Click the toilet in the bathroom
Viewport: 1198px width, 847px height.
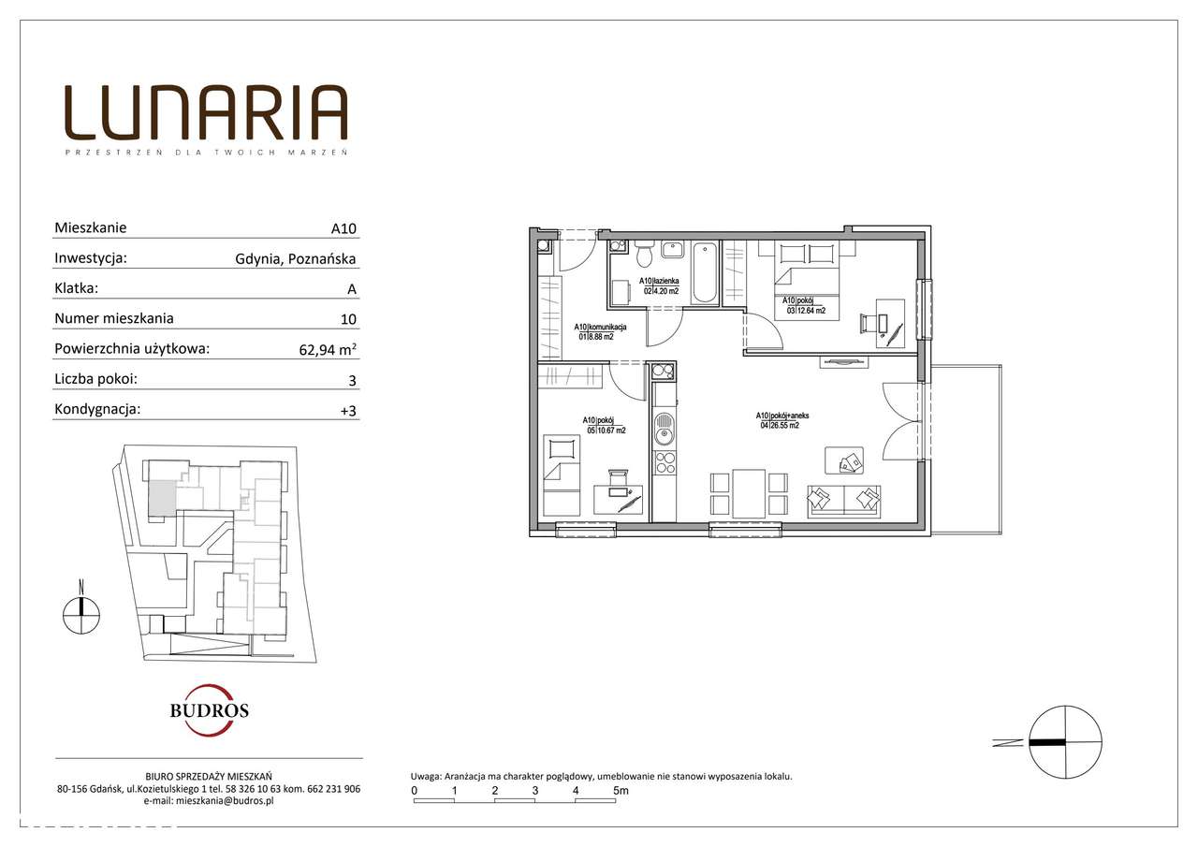click(x=642, y=255)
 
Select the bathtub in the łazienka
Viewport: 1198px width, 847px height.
click(x=705, y=272)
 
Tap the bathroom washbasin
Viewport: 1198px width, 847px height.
click(x=673, y=250)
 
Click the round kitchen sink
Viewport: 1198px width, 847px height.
click(x=664, y=431)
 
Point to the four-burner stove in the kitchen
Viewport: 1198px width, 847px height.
click(x=664, y=461)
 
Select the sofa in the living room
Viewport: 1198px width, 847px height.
click(x=844, y=500)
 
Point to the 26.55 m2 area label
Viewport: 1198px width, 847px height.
click(x=780, y=425)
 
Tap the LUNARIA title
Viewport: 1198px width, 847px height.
click(x=206, y=113)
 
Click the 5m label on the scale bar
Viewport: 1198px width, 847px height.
click(x=620, y=791)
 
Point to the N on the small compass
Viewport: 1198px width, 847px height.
click(x=82, y=587)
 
